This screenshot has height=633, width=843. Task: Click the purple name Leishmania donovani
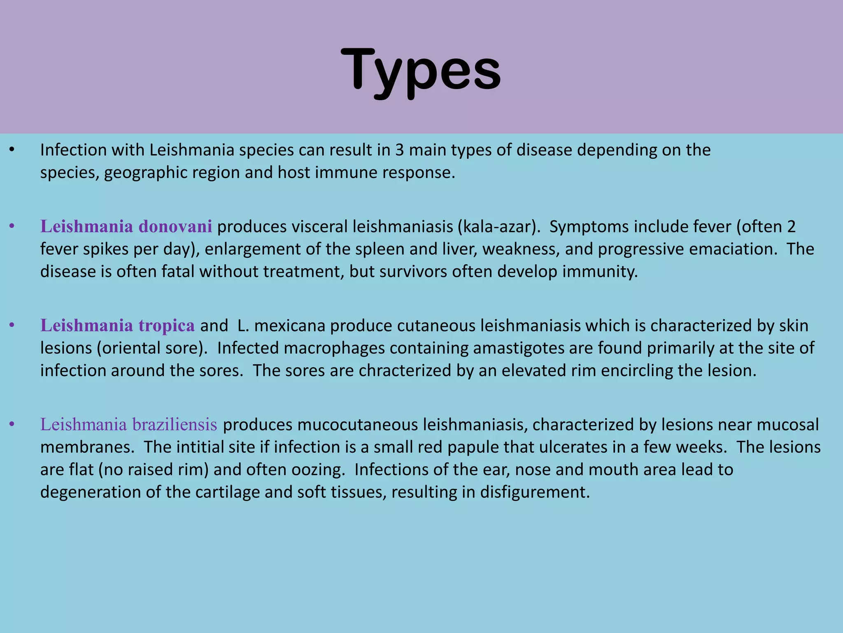126,227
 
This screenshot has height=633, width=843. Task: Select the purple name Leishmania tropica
117,326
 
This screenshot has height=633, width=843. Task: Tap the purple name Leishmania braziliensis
128,424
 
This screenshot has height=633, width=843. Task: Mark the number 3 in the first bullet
399,150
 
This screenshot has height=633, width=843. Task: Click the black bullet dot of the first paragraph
12,150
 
